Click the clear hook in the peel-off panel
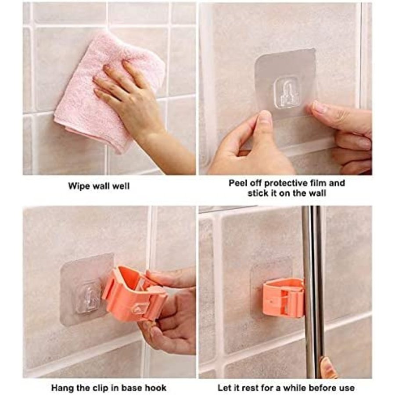(287, 93)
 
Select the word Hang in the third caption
(61, 388)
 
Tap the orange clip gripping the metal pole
(283, 297)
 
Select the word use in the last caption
(348, 388)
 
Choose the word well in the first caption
(121, 187)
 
